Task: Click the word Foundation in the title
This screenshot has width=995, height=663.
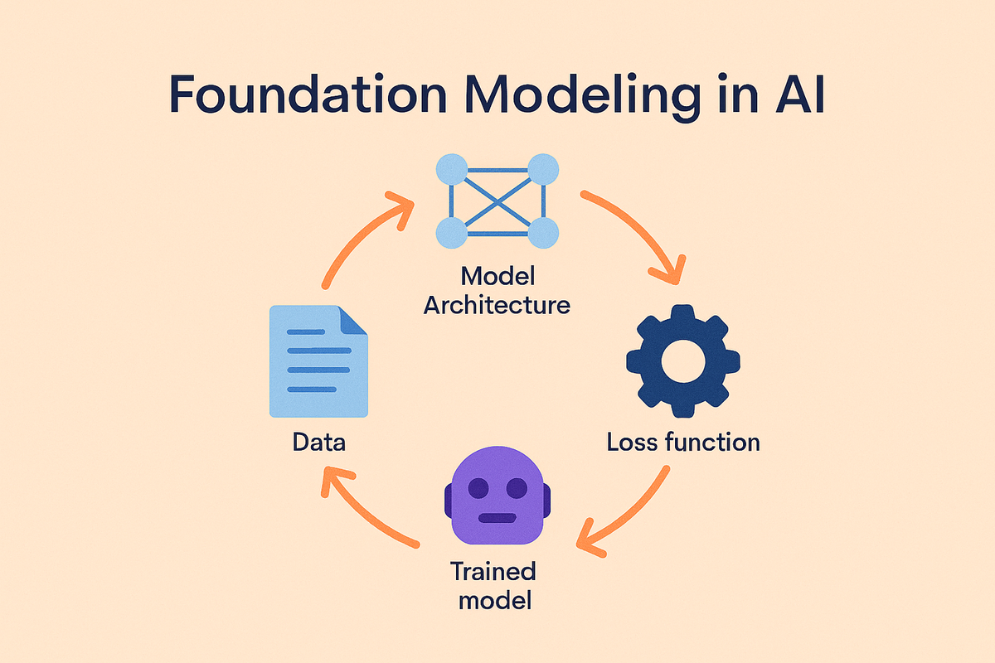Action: click(308, 94)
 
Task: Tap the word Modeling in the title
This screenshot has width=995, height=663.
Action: click(582, 98)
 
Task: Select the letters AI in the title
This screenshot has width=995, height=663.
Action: click(800, 94)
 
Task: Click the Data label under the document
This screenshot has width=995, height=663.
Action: click(319, 443)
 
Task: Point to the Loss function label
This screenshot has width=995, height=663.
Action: click(683, 443)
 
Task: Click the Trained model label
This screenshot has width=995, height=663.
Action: click(493, 586)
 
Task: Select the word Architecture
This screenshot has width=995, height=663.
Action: click(497, 305)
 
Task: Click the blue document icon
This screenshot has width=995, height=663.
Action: click(318, 361)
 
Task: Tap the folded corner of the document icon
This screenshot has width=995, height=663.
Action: click(353, 320)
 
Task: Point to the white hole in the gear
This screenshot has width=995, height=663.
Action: click(683, 361)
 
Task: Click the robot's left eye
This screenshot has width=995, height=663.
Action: click(478, 488)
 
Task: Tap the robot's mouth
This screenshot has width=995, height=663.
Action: click(498, 518)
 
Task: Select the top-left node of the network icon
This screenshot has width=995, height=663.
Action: click(452, 169)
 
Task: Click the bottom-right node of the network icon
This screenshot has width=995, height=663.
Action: click(543, 233)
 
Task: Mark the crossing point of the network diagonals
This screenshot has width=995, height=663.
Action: click(498, 201)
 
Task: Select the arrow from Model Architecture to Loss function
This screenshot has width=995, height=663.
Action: click(639, 227)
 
